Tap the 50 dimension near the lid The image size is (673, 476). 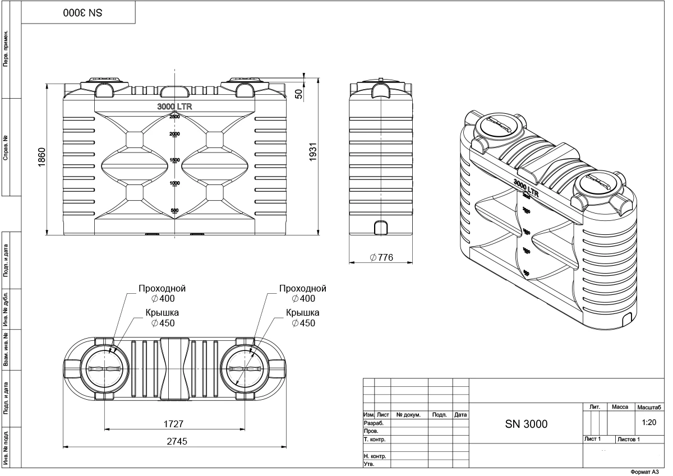tap(299, 92)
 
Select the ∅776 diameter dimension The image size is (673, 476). tap(381, 257)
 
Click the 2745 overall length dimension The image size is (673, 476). tap(174, 441)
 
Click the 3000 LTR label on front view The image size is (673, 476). tap(174, 107)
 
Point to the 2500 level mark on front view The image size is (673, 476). tap(174, 117)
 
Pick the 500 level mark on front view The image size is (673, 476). tap(174, 210)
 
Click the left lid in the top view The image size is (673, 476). tap(105, 369)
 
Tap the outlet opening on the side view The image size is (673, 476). tap(381, 227)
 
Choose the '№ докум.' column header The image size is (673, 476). tap(409, 415)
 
